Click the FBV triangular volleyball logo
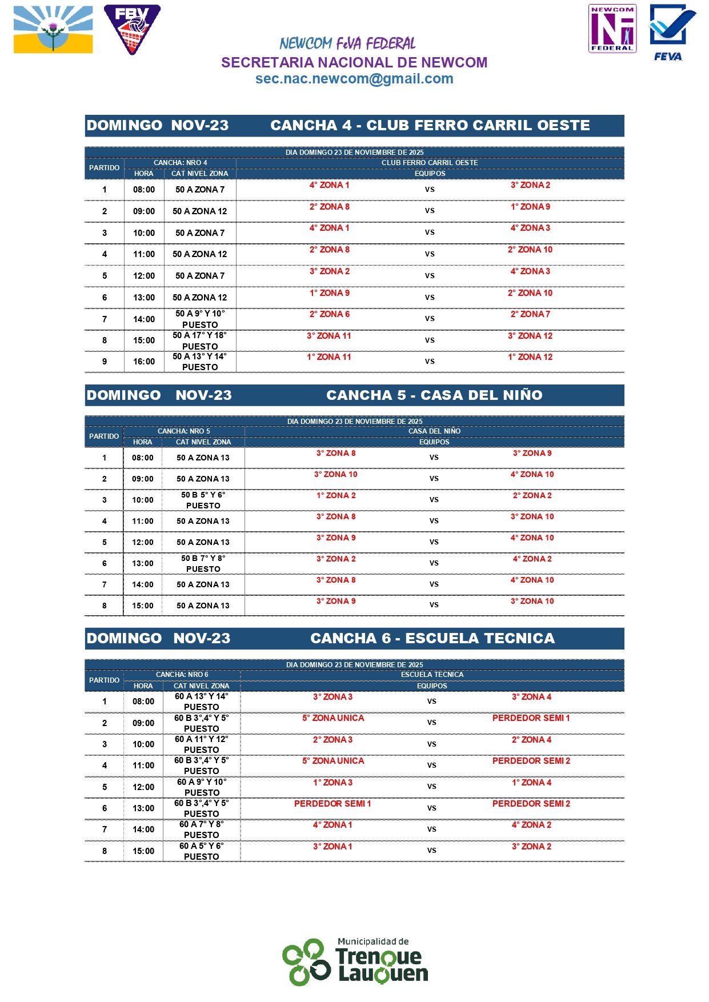click(132, 29)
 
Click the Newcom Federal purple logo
click(612, 29)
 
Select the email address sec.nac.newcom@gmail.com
click(354, 79)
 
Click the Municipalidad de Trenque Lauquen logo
click(355, 961)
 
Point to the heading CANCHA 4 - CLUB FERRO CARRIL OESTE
click(430, 126)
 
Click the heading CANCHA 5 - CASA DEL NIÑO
click(434, 395)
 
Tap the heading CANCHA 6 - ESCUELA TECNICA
click(432, 639)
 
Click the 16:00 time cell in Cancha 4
click(144, 362)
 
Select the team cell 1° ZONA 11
click(329, 357)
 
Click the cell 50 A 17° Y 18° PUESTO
click(200, 340)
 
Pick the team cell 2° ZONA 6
click(330, 314)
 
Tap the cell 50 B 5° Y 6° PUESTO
click(203, 500)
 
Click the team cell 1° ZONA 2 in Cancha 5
click(336, 496)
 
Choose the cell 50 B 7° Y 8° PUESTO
click(203, 563)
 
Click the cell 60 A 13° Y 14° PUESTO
click(201, 702)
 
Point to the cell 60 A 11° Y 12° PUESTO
click(201, 744)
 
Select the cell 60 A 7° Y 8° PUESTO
click(201, 829)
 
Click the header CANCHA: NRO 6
click(182, 675)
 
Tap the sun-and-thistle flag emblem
click(53, 30)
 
